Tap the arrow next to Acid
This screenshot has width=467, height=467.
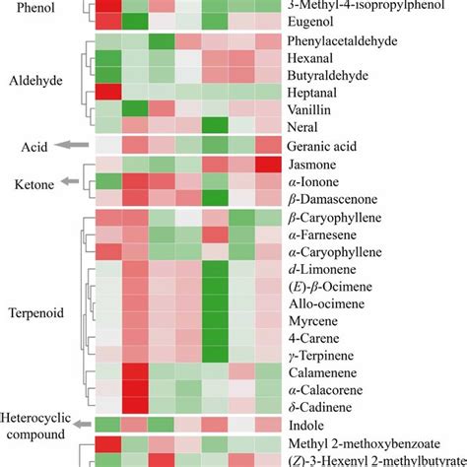68,146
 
